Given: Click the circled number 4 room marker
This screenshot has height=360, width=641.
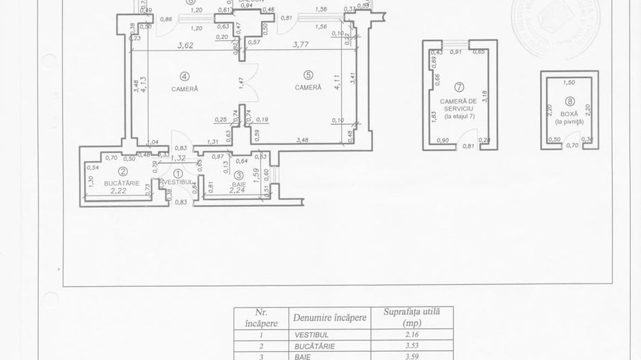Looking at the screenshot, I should coord(185,77).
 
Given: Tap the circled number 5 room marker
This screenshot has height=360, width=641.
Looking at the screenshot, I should coord(308,75).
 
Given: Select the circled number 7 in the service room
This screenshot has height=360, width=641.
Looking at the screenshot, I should coord(459,87).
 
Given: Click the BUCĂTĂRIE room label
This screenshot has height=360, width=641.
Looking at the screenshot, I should coord(122,183).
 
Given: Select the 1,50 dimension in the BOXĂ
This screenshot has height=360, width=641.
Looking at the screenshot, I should coord(569,82).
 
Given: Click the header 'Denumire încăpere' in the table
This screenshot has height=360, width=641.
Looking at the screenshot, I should coord(330,318).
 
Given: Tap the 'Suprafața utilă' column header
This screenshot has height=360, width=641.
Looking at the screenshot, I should coord(412,316).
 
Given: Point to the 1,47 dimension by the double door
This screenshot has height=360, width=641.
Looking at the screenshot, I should coord(241,81).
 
